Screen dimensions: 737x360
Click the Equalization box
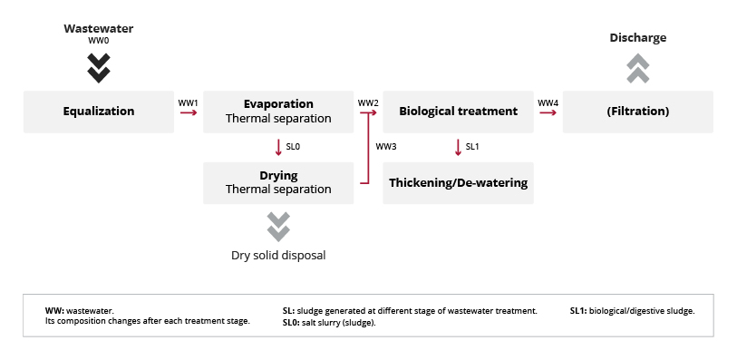99,112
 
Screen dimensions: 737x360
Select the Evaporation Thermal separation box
278,112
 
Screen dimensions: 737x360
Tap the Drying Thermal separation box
278,183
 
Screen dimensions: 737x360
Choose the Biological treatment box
459,112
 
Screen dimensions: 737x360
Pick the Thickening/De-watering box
459,183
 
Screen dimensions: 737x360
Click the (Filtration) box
638,112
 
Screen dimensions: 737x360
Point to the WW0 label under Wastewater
99,41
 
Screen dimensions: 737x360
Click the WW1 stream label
188,102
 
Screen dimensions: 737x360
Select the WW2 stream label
367,102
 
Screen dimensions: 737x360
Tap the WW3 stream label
386,147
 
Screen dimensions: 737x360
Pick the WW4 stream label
548,102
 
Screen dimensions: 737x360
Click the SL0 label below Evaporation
293,147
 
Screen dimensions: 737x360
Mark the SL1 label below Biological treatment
472,147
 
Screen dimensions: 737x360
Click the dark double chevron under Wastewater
99,68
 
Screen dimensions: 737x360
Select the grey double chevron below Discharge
638,68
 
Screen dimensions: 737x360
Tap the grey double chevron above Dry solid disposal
278,227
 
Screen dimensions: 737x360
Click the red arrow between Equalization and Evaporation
189,112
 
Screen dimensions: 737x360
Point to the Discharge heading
638,37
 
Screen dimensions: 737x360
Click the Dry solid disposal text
278,255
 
